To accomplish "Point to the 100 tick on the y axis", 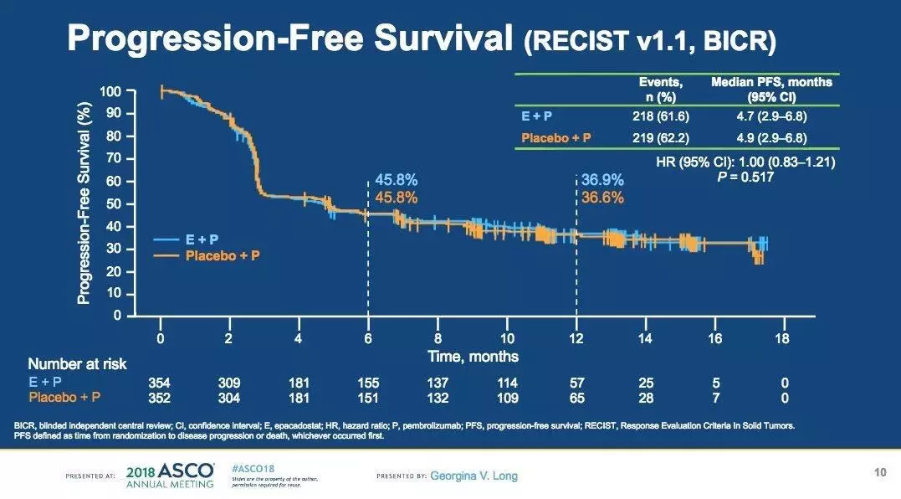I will (x=110, y=90).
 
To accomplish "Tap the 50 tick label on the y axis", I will (x=113, y=203).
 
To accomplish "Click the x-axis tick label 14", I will (x=644, y=338).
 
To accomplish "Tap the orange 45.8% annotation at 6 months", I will (x=396, y=198).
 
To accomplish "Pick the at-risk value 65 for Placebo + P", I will (x=576, y=397).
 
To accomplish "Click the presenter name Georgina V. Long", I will (x=474, y=476).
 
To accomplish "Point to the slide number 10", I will (x=879, y=473).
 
